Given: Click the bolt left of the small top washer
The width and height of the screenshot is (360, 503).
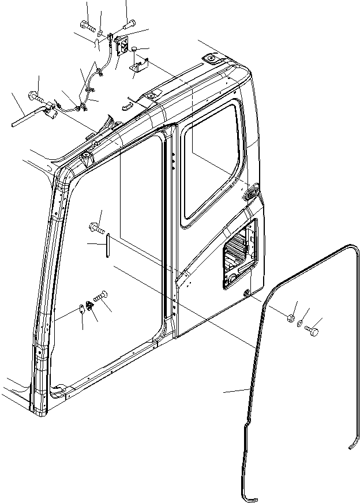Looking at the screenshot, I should (x=87, y=25).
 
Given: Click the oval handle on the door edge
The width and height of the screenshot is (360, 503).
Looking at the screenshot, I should (x=252, y=194).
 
